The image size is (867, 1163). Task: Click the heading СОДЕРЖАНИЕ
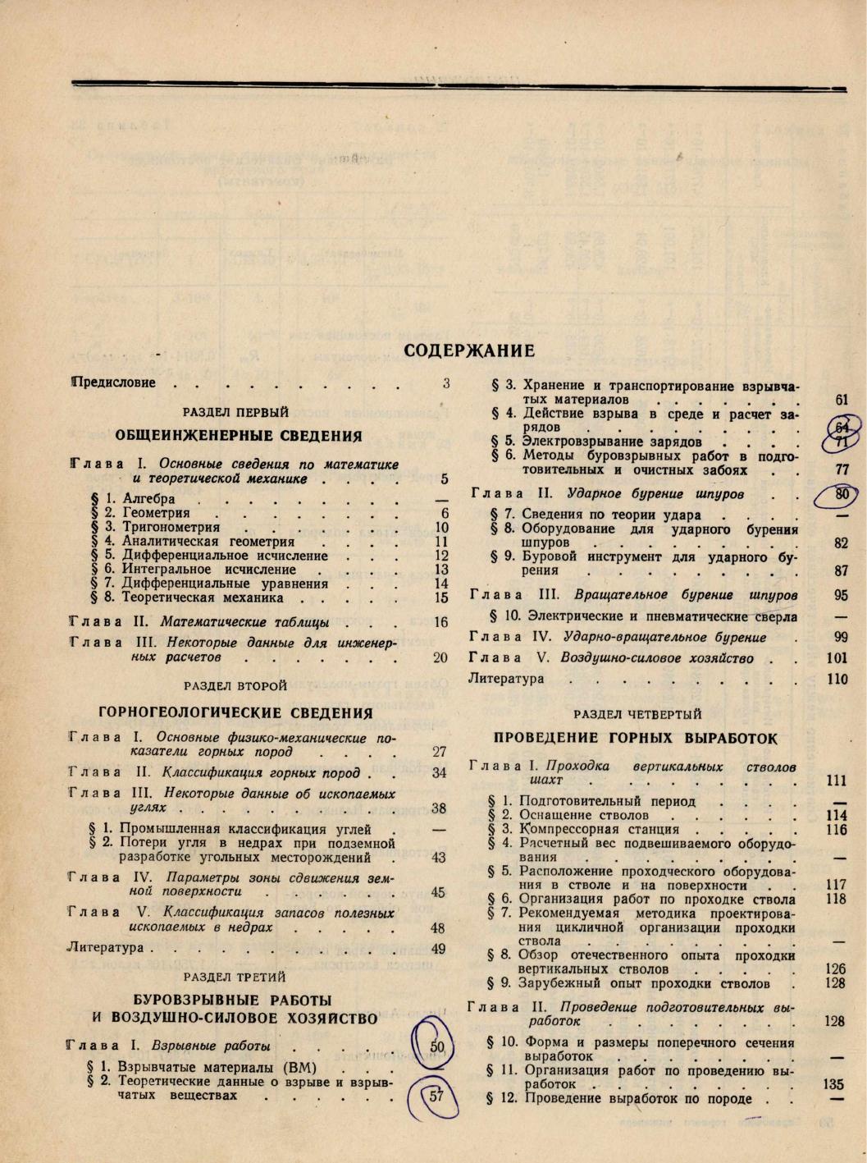469,351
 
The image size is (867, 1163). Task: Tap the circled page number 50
436,1046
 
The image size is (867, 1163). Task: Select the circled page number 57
436,1096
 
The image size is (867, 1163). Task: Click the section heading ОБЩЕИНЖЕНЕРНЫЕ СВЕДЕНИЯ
239,436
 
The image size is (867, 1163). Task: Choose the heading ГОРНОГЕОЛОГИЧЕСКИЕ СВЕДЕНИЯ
235,712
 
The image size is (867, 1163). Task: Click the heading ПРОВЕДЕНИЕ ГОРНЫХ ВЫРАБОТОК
636,738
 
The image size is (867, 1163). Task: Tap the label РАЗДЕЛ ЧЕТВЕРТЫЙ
637,715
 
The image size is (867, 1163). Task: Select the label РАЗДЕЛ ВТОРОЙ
235,685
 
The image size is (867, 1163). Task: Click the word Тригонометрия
171,527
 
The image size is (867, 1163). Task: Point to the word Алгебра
148,498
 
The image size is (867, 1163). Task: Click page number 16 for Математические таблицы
440,622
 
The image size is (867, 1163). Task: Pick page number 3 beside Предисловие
446,382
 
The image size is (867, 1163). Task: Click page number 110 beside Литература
837,679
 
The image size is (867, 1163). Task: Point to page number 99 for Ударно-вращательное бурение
839,637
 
